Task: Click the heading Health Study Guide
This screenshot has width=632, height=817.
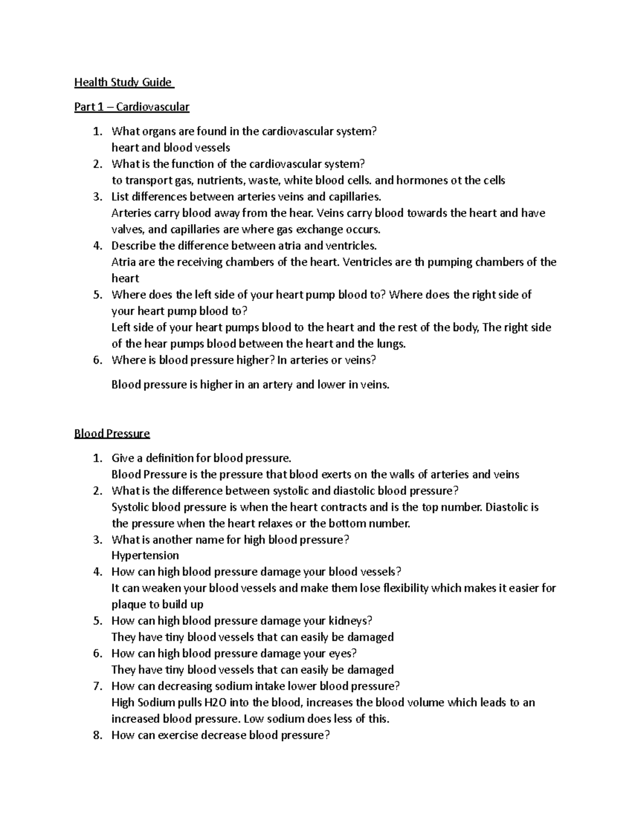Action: coord(123,82)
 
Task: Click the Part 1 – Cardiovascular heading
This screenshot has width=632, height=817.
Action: coord(132,107)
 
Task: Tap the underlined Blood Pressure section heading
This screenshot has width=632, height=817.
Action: coord(112,433)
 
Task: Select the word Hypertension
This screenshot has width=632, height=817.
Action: coord(145,556)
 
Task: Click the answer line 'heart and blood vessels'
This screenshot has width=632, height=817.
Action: coord(171,148)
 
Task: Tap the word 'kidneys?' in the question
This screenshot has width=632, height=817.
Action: coord(350,621)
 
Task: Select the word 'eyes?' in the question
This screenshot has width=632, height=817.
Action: coord(343,653)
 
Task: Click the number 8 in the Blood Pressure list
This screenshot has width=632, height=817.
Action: coord(96,735)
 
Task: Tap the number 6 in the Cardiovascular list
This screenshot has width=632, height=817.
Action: coord(96,360)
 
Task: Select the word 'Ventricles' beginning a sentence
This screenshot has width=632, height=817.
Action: coord(367,262)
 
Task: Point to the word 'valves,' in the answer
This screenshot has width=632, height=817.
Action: coord(129,229)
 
